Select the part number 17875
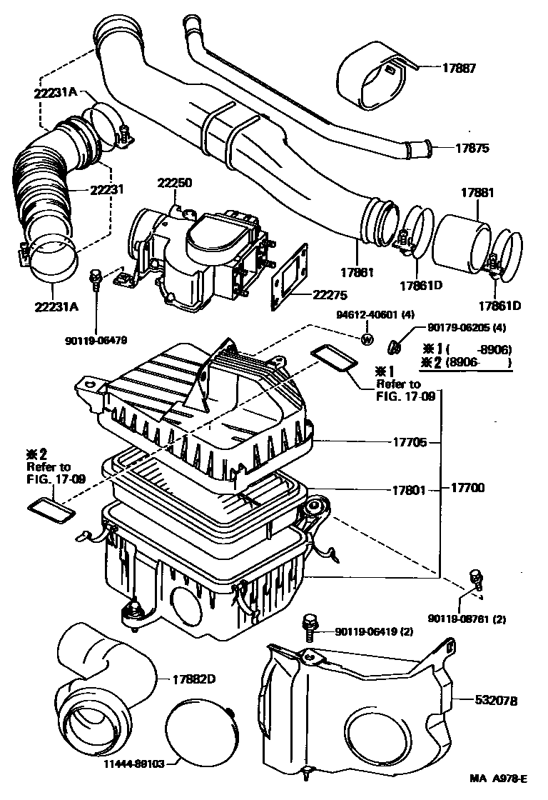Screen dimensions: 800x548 472,149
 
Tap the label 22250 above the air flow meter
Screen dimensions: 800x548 174,183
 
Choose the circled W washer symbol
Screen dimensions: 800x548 367,340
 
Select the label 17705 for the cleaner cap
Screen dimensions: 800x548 410,443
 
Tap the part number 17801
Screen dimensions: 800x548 410,491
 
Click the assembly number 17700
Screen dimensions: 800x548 467,489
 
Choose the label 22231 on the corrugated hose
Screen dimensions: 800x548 107,190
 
